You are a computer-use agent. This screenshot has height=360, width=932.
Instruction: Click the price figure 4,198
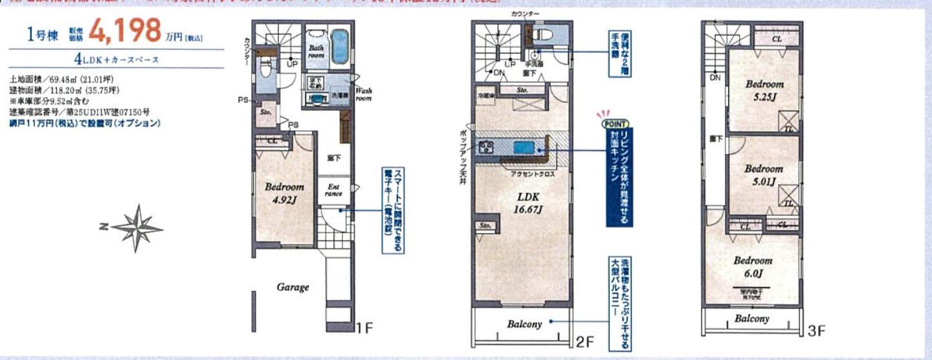point(124,30)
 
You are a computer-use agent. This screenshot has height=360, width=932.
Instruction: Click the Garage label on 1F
point(293,287)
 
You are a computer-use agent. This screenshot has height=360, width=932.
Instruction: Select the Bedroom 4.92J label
point(284,193)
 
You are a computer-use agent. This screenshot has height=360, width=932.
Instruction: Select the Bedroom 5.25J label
point(764,91)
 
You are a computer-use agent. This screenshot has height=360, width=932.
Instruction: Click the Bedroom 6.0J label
point(753,267)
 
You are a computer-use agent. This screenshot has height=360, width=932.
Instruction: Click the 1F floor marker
point(364,328)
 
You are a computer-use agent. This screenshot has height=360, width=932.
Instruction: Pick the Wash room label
point(363,95)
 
